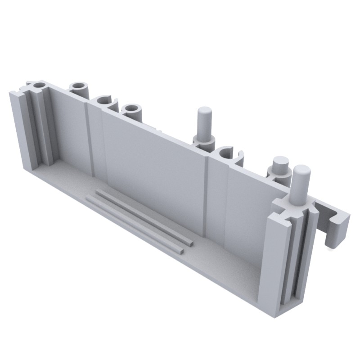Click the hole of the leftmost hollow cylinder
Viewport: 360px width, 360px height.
(39, 85)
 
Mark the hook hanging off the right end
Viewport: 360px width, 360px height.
(335, 229)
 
